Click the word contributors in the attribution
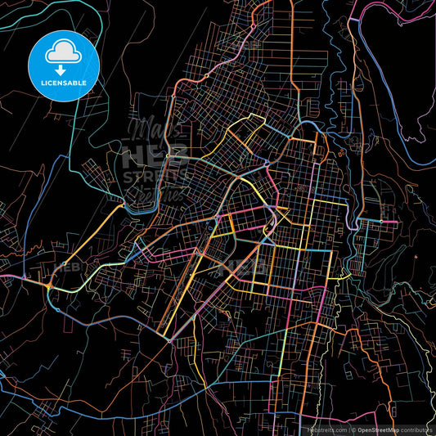416,429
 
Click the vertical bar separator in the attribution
348,429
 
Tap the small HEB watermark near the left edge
65,265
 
